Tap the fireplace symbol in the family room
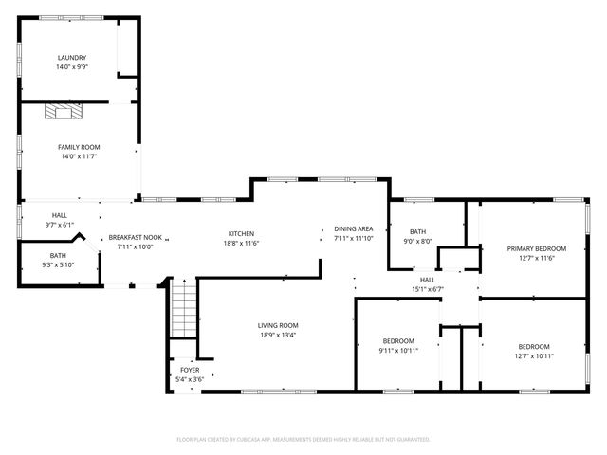(64, 113)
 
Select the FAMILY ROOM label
(79, 147)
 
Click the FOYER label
(190, 370)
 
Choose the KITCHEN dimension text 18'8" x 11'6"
(241, 244)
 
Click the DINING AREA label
(353, 228)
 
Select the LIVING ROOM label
(278, 325)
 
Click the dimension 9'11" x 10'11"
(398, 350)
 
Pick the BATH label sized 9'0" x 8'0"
(418, 231)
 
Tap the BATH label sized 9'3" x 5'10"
(58, 255)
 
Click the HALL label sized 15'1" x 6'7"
(428, 280)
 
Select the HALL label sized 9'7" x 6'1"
(59, 216)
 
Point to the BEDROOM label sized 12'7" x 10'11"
(533, 346)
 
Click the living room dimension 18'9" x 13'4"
(278, 335)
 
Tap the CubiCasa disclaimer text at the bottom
(303, 439)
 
